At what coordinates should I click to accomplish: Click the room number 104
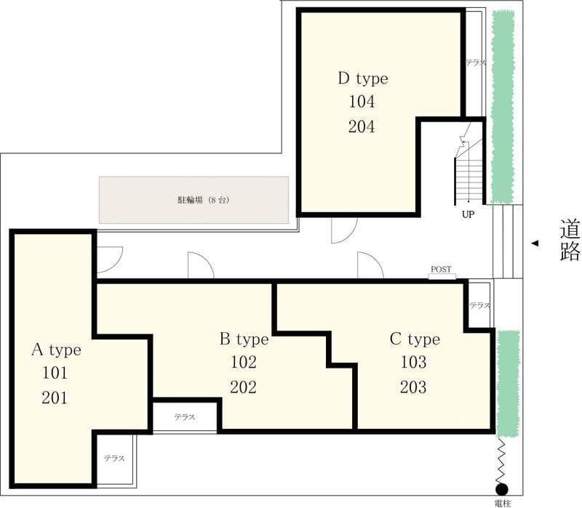pos(362,102)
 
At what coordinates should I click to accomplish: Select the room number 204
pos(362,126)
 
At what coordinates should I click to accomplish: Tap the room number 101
pos(55,373)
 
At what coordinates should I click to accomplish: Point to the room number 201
pos(55,398)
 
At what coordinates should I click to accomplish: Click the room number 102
pos(244,362)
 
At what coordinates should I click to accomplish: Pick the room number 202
pos(244,387)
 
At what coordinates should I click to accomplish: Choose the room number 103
pos(413,362)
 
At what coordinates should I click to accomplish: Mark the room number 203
pos(413,387)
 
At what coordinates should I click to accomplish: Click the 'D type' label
pos(363,78)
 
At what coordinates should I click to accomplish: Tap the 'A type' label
pos(57,350)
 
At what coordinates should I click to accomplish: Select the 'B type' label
pos(244,339)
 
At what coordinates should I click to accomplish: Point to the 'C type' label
pos(415,339)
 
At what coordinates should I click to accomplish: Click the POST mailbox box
pos(442,276)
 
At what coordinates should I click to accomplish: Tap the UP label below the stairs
pos(468,214)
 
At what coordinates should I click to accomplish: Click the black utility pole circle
pos(502,489)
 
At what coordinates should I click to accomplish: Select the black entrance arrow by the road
pos(535,243)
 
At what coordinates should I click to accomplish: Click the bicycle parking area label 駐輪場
pos(191,201)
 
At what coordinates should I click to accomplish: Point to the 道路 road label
pos(570,240)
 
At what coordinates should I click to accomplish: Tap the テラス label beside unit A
pos(114,459)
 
